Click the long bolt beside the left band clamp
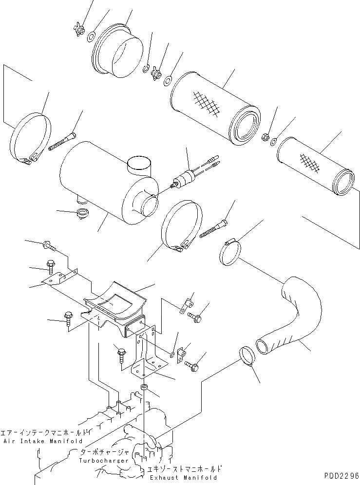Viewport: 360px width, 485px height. coord(62,141)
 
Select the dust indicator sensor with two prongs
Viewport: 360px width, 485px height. coord(190,175)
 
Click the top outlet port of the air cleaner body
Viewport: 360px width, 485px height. coord(139,166)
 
